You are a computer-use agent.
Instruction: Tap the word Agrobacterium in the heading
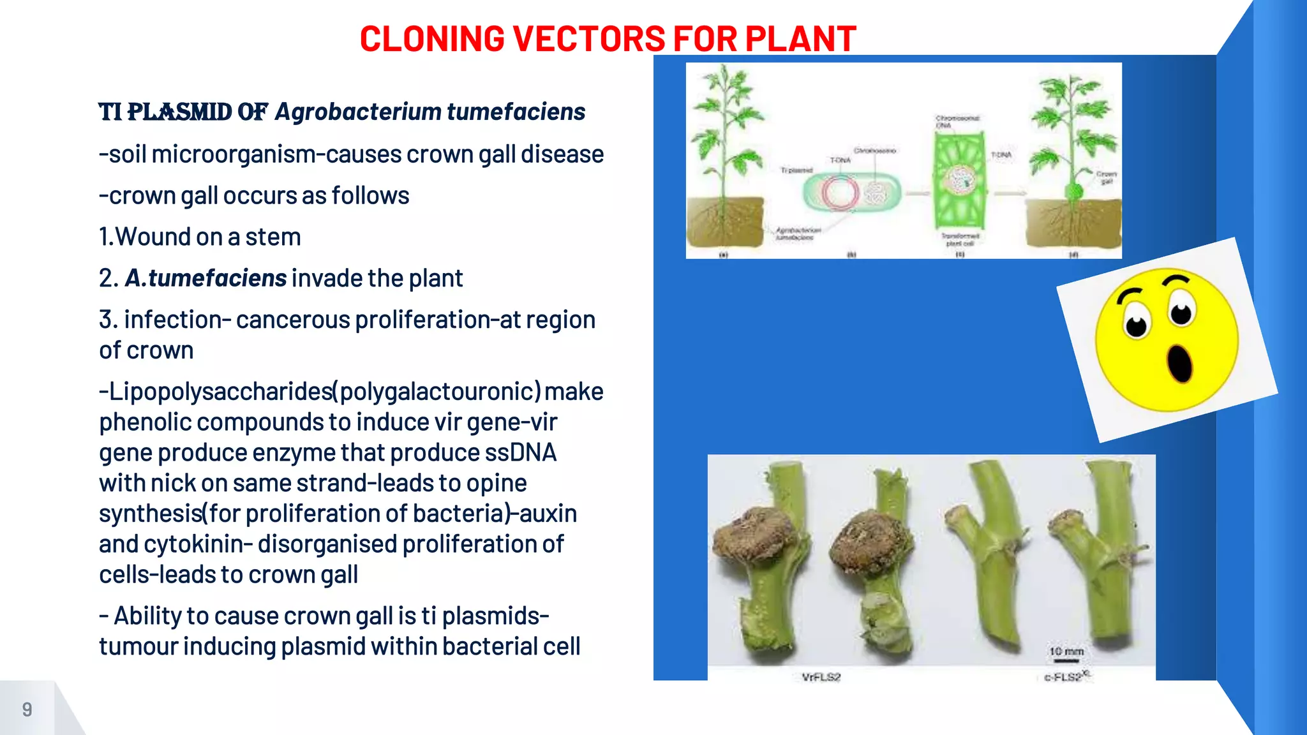(x=358, y=112)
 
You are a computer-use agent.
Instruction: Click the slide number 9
(x=27, y=709)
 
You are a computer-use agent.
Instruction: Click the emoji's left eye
(x=1136, y=323)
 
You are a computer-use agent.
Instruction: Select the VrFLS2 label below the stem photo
(x=821, y=677)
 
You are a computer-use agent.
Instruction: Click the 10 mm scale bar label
(x=1066, y=651)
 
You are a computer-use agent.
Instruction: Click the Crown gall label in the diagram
(x=1106, y=177)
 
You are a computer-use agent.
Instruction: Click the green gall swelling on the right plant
(x=1075, y=191)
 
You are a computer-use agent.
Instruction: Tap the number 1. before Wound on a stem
(x=106, y=237)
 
